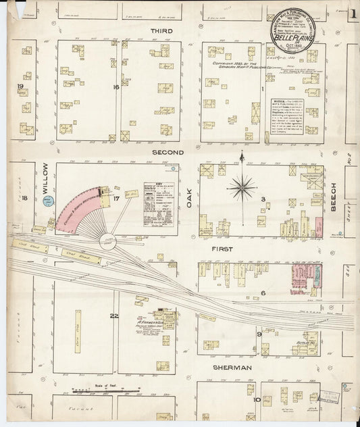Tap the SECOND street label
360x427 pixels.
coord(168,153)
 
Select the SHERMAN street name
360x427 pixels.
coord(232,368)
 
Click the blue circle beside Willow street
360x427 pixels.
coord(49,200)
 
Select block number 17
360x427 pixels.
coord(116,198)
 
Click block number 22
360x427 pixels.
coord(115,316)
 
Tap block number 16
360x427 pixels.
coord(116,87)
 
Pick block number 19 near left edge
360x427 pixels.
coord(20,86)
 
